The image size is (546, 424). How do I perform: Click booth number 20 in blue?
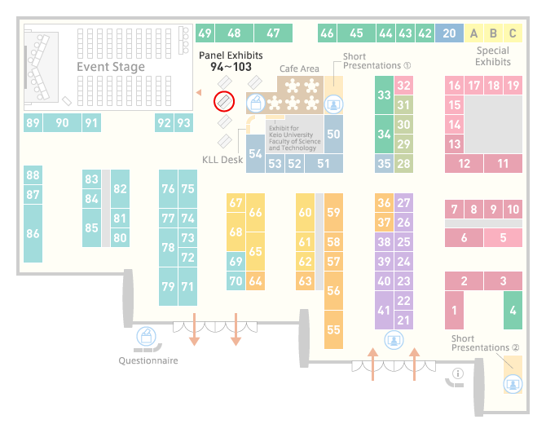449,33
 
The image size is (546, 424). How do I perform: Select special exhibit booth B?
493,33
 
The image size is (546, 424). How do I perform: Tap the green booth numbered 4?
513,310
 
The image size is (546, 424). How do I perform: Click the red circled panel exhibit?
224,101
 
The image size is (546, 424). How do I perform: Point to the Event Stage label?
111,67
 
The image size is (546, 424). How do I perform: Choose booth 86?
33,233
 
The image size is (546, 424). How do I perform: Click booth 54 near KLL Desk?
255,153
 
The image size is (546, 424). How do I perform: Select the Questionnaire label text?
148,360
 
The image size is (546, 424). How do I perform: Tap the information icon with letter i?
457,373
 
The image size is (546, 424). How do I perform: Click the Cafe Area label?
299,68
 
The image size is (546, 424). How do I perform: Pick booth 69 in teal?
236,261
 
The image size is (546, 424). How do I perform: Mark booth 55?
333,329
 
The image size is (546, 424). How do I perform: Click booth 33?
384,95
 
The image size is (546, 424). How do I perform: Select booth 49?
205,33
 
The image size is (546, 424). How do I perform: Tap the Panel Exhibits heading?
231,55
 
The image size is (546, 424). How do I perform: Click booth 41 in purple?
384,310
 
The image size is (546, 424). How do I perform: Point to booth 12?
464,163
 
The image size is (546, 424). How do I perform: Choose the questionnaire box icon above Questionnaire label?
146,336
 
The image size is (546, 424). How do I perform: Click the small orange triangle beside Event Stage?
199,92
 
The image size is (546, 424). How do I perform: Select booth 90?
62,122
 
